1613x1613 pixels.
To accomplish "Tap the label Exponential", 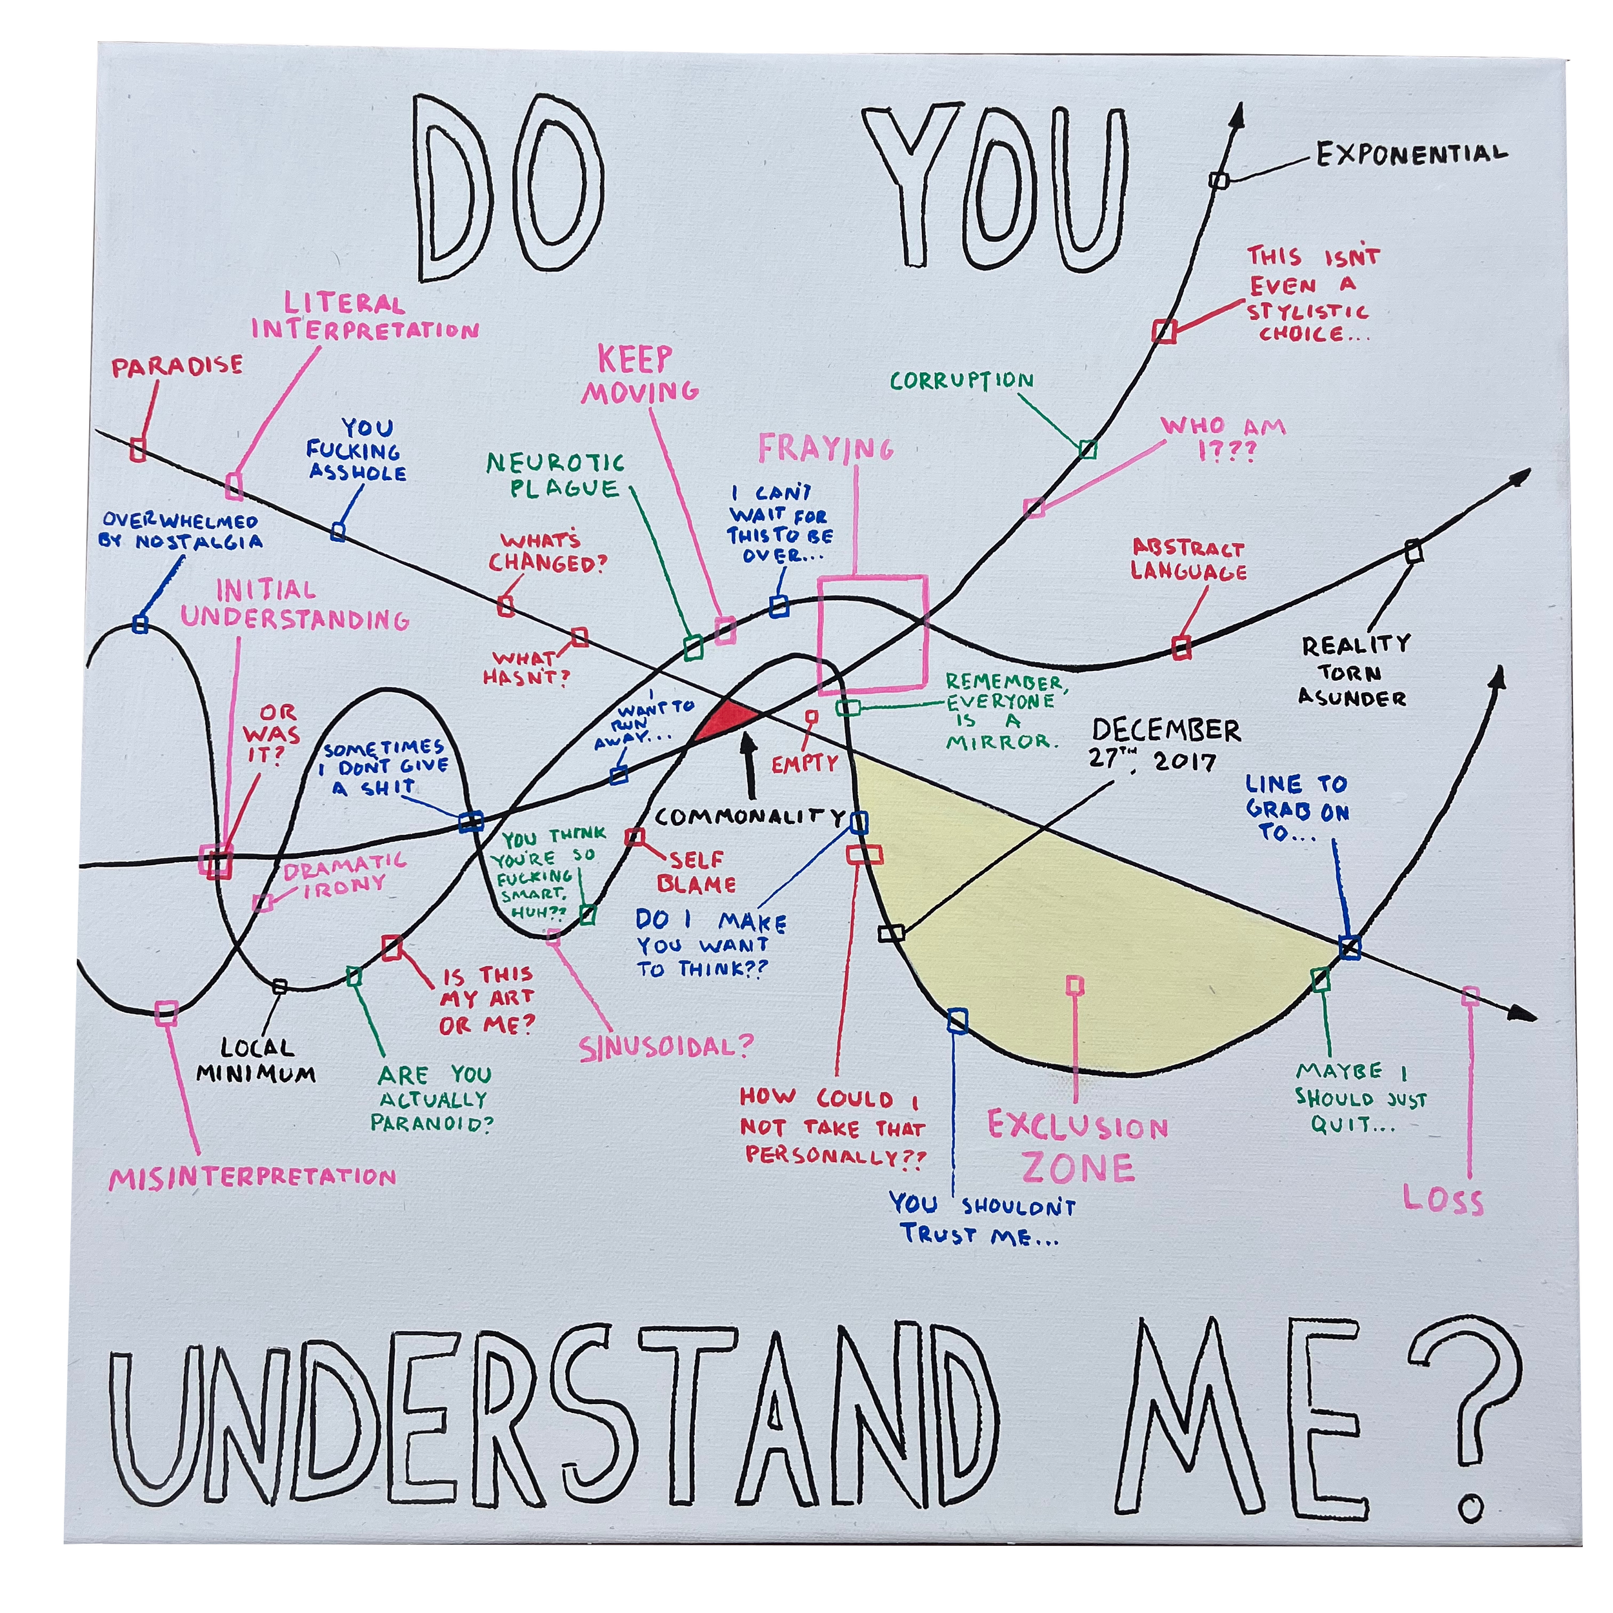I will pyautogui.click(x=1411, y=154).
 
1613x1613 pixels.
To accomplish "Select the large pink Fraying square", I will pyautogui.click(x=872, y=634).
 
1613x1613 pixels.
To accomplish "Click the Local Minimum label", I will pyautogui.click(x=256, y=1059).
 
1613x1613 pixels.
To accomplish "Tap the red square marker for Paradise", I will pyautogui.click(x=139, y=450).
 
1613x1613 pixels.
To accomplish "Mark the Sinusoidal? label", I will pyautogui.click(x=666, y=1045).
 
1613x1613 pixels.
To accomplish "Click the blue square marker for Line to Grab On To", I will pyautogui.click(x=1349, y=947).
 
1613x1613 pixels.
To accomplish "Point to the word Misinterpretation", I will pyautogui.click(x=252, y=1177).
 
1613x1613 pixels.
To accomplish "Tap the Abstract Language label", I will pyautogui.click(x=1188, y=560).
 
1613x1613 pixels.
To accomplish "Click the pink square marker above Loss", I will pyautogui.click(x=1470, y=995).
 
